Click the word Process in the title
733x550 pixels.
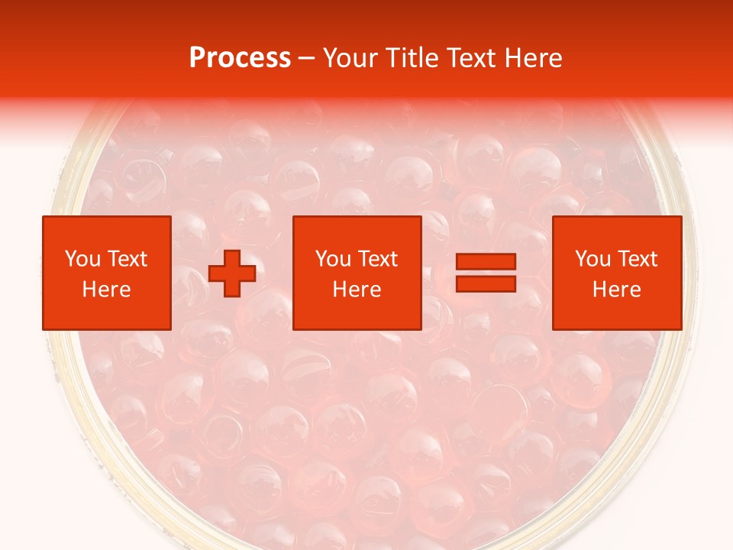click(x=240, y=58)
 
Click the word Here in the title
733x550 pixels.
click(x=535, y=58)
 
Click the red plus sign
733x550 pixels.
click(x=232, y=273)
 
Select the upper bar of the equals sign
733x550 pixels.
click(x=486, y=262)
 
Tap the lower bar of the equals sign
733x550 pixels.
click(x=486, y=283)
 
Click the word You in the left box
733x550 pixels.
click(x=82, y=259)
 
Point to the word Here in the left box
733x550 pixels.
click(x=106, y=290)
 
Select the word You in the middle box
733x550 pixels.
click(x=333, y=259)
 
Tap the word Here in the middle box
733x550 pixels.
click(x=357, y=290)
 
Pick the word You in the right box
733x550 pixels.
click(x=593, y=259)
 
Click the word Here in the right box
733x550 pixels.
click(x=617, y=290)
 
